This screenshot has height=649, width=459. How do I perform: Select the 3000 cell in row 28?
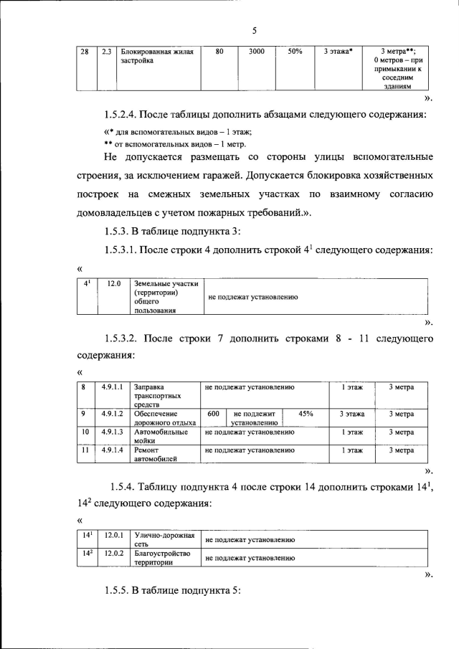[x=257, y=52]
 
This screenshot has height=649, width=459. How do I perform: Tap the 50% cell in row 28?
[x=295, y=52]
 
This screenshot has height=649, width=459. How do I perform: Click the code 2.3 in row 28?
[x=107, y=52]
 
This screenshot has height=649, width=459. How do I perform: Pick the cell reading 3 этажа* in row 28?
[x=338, y=52]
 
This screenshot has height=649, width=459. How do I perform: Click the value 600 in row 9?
[x=213, y=414]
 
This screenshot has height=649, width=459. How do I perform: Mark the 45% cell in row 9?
[x=306, y=414]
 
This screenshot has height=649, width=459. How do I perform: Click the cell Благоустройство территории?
[x=161, y=558]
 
